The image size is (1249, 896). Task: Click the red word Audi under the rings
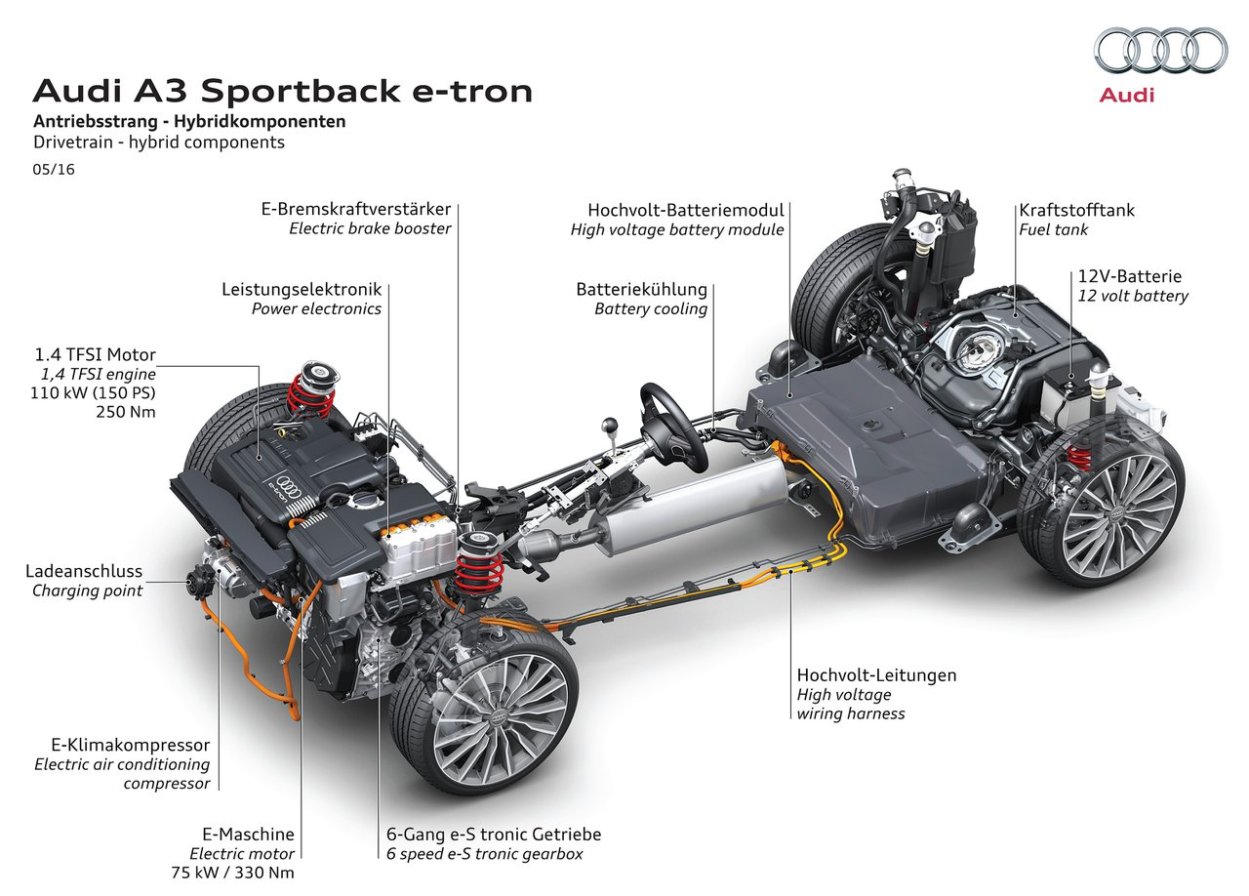[x=1126, y=96]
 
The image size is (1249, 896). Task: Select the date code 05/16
[x=54, y=170]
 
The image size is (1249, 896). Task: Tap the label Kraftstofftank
[x=1076, y=210]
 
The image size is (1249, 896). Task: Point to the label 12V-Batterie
[x=1129, y=276]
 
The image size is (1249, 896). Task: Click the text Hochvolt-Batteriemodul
[x=685, y=210]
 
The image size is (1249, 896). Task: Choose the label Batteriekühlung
[x=641, y=290]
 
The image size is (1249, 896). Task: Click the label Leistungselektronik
[x=302, y=290]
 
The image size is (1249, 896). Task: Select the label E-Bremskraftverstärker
[x=356, y=209]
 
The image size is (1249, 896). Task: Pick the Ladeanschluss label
[x=84, y=571]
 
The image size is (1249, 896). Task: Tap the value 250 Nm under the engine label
[x=126, y=412]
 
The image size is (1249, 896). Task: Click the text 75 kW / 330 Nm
[x=232, y=872]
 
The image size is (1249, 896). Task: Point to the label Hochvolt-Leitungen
[x=876, y=675]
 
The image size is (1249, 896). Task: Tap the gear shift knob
[x=611, y=426]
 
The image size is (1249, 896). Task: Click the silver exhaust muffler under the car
[x=694, y=506]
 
